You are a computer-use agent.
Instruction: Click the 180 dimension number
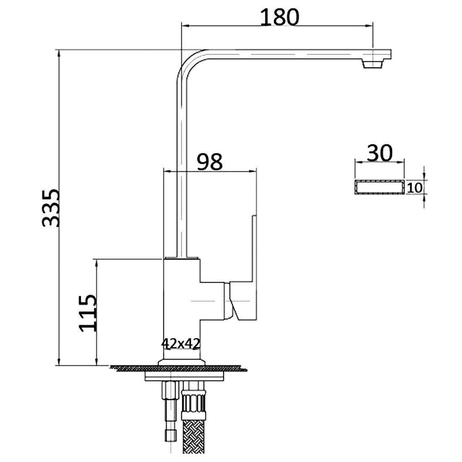279,17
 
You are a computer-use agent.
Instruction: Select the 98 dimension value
210,161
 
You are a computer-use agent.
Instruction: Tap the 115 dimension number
88,313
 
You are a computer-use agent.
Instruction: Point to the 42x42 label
181,343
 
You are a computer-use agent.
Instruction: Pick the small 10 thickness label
415,188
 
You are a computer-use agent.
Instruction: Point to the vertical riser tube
181,168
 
